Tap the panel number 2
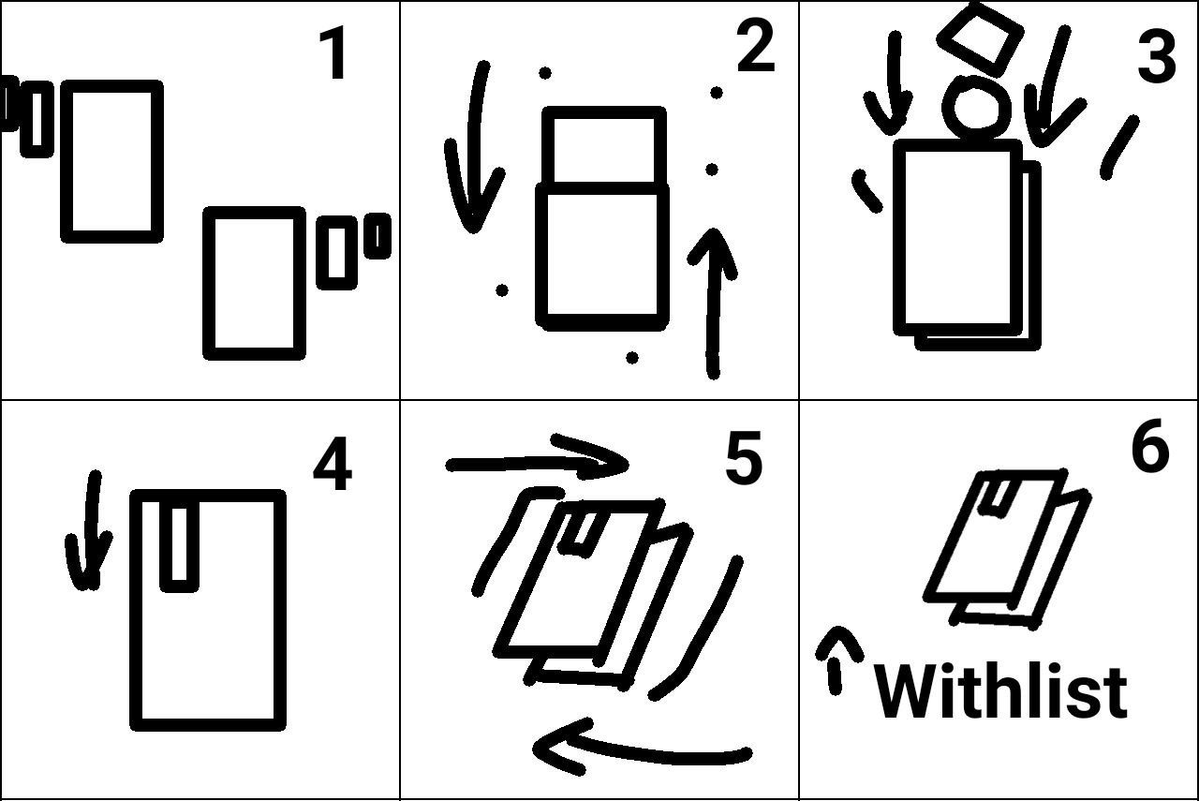[x=756, y=45]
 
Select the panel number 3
[x=1156, y=55]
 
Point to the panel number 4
[x=333, y=463]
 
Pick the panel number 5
[x=744, y=458]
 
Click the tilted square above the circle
[x=981, y=38]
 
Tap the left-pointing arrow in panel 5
[x=643, y=749]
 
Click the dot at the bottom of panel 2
[x=632, y=357]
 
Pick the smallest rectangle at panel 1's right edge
[x=377, y=235]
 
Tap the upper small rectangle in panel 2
[x=604, y=147]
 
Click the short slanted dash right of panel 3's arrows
[x=1119, y=148]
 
